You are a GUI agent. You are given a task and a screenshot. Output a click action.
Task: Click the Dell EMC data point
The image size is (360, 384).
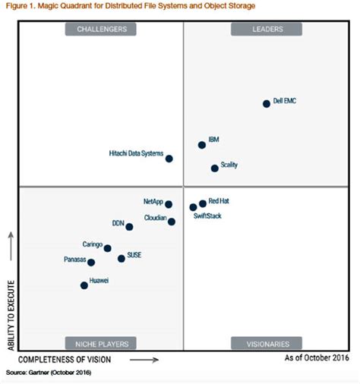(x=267, y=104)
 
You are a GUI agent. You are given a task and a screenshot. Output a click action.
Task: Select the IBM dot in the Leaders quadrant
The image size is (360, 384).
(x=202, y=144)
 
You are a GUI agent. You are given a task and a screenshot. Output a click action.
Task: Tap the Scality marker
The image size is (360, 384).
(x=214, y=168)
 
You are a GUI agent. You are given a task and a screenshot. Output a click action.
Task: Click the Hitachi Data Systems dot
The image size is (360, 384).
(x=169, y=159)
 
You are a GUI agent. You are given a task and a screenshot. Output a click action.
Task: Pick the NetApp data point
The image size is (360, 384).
(x=169, y=204)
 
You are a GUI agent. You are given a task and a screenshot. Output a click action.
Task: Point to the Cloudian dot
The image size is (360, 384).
(x=172, y=222)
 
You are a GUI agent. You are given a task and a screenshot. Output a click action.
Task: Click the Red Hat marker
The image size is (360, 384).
(x=203, y=203)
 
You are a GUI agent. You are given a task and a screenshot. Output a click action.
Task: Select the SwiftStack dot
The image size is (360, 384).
(x=194, y=207)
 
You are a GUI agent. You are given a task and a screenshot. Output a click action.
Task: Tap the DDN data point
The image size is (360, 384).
(x=129, y=227)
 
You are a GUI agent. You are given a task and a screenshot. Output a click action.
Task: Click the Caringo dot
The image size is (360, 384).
(x=107, y=248)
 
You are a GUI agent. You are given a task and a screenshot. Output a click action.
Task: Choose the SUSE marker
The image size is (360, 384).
(x=122, y=259)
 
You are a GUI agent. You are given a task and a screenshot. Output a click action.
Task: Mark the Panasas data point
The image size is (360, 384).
(x=91, y=263)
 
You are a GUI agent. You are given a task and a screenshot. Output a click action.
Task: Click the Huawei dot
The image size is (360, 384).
(x=84, y=285)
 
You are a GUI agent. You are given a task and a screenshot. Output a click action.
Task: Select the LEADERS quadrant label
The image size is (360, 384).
(x=267, y=30)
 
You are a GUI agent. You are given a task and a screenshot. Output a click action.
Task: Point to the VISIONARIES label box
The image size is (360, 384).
(x=267, y=342)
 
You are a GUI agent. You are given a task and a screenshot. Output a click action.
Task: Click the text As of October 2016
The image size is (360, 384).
(x=316, y=357)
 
